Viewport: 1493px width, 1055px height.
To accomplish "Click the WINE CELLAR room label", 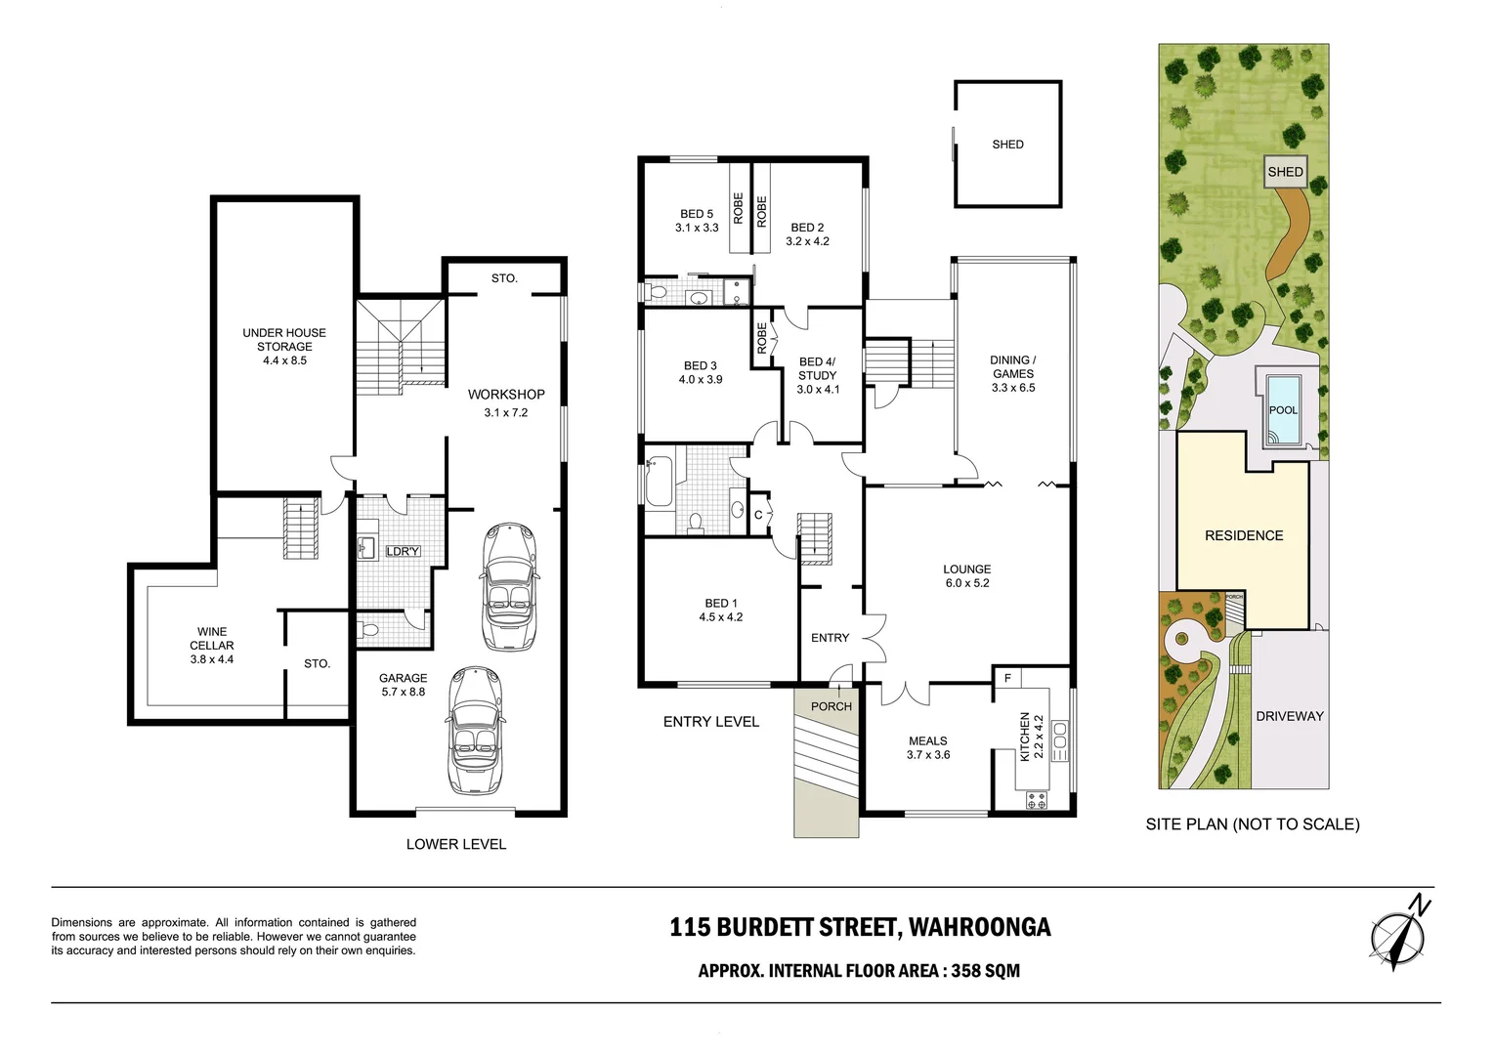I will [x=212, y=645].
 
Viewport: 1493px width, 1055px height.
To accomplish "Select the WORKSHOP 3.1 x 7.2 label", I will [x=506, y=402].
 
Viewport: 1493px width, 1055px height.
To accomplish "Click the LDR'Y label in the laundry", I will [x=402, y=551].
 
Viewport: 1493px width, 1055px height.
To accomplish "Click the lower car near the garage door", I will [x=475, y=730].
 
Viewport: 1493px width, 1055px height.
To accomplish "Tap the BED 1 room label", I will [x=721, y=610].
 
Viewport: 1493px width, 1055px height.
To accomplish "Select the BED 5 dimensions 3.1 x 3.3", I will [x=697, y=228].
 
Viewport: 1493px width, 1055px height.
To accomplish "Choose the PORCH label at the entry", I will [x=832, y=706].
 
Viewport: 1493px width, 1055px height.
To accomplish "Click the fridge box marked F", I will [x=1007, y=677].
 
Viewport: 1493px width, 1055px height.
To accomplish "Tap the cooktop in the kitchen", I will [x=1037, y=800].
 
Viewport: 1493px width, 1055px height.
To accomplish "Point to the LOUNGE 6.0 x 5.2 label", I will [x=966, y=575].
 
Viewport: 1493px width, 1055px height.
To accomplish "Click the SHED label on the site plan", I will [x=1285, y=172].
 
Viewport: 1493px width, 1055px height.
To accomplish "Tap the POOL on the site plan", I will [x=1283, y=409].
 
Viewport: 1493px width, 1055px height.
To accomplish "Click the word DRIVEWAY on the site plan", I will [x=1289, y=716].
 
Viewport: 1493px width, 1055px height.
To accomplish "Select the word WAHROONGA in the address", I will [x=979, y=927].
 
